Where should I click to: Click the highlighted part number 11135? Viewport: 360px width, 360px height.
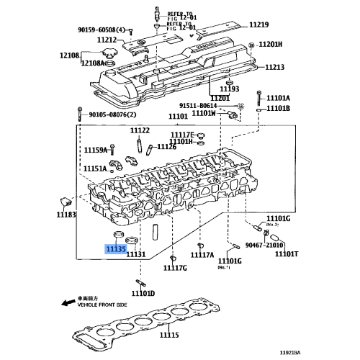point(115,250)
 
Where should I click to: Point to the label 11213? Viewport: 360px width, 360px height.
point(274,68)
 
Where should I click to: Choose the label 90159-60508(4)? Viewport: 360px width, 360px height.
point(102,30)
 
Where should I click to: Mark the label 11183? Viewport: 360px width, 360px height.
point(66,215)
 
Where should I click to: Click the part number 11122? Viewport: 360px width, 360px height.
point(140,130)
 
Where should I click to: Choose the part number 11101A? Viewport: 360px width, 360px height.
point(277,98)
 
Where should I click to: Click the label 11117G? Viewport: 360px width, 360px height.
point(174,268)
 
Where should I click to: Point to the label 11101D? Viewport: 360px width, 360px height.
point(143,293)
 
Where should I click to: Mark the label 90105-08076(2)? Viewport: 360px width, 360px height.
point(114,114)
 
